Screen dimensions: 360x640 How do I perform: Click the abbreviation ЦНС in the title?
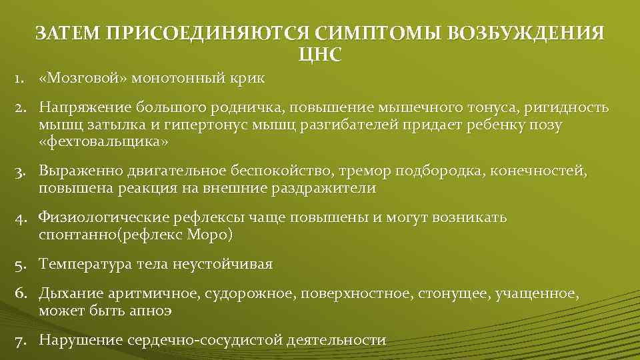(x=320, y=54)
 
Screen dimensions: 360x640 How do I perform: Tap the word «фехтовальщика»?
(x=103, y=142)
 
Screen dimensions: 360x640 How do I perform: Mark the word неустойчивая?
(x=221, y=264)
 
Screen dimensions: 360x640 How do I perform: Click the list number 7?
(x=22, y=340)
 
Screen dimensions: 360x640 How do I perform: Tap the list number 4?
(x=22, y=217)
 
